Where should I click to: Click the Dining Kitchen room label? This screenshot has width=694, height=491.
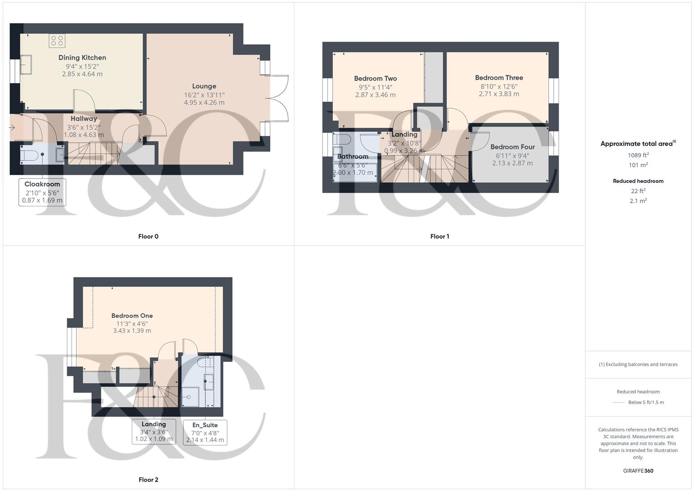click(x=82, y=58)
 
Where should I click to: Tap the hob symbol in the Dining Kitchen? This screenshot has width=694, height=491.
click(x=57, y=40)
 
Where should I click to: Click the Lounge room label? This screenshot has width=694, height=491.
click(x=204, y=86)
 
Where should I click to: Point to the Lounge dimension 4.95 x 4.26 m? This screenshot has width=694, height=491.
click(x=204, y=103)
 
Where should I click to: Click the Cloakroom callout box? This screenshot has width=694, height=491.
click(x=42, y=192)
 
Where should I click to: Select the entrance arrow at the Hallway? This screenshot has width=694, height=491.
click(x=12, y=128)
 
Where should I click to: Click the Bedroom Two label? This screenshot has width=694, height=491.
click(x=375, y=79)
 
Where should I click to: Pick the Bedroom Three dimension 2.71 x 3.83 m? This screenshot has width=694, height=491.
click(x=499, y=94)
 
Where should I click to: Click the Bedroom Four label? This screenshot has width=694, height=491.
click(x=512, y=147)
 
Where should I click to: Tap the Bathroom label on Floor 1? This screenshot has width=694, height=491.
click(x=353, y=156)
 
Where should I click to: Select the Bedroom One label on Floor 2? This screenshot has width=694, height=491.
click(x=132, y=316)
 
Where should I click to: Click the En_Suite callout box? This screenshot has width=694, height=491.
click(x=205, y=432)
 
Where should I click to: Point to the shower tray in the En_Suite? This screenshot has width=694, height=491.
click(x=190, y=396)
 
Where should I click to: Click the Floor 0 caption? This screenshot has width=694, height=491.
click(x=148, y=236)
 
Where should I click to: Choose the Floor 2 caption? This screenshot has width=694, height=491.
click(x=148, y=480)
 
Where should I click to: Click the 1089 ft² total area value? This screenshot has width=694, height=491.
click(x=638, y=155)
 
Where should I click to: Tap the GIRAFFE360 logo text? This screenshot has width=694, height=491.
click(x=638, y=471)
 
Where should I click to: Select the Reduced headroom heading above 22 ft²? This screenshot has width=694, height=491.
click(x=638, y=181)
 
